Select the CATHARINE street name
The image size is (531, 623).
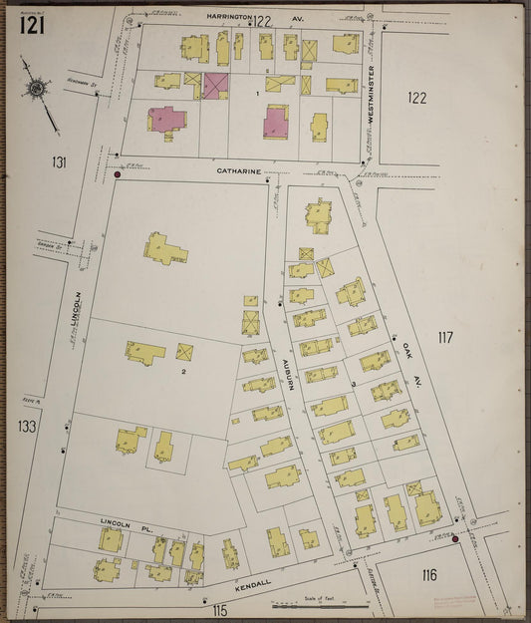pyautogui.click(x=239, y=171)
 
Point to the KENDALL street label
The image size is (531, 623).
pyautogui.click(x=253, y=586)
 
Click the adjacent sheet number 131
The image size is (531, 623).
pyautogui.click(x=60, y=161)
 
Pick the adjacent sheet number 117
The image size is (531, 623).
pyautogui.click(x=443, y=338)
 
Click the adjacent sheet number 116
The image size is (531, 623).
pyautogui.click(x=428, y=575)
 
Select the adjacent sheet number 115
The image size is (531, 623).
pyautogui.click(x=219, y=610)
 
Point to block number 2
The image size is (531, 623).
pyautogui.click(x=183, y=372)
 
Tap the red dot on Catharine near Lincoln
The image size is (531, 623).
pyautogui.click(x=118, y=175)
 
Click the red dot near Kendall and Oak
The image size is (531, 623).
pyautogui.click(x=455, y=540)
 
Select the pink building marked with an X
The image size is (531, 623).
pyautogui.click(x=215, y=85)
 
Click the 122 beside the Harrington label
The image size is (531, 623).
pyautogui.click(x=262, y=20)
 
